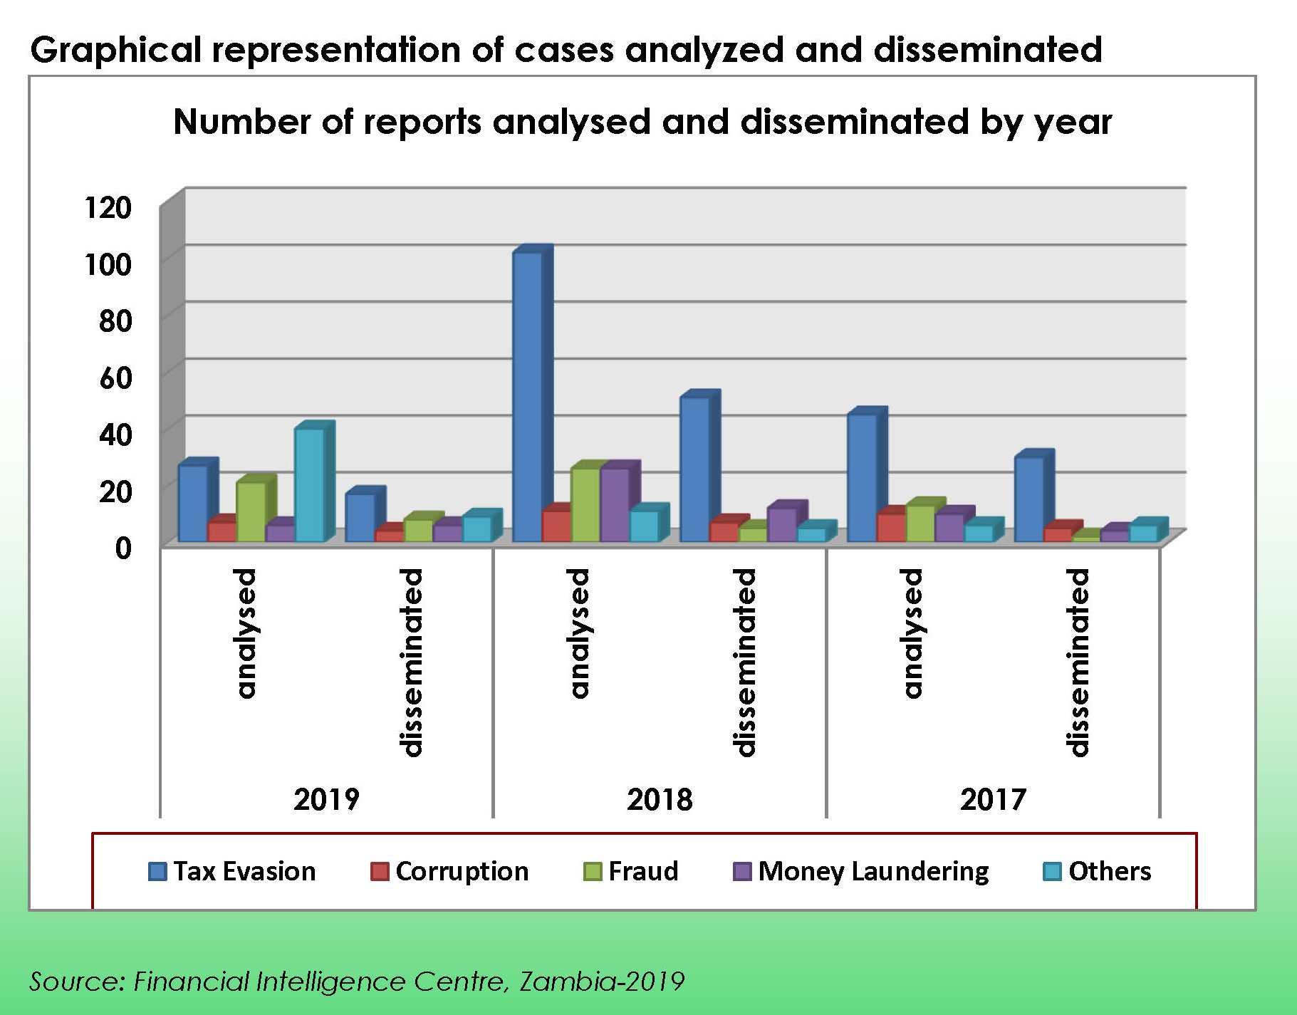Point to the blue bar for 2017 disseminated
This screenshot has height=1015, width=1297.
click(1028, 499)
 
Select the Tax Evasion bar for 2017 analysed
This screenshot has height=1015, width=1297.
click(862, 477)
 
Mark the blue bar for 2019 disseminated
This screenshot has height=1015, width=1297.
click(360, 517)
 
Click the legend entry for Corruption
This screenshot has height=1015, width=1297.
click(449, 871)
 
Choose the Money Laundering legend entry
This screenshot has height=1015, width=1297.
click(861, 871)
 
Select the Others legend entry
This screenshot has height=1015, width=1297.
click(1098, 871)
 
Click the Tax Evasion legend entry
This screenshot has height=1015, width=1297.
click(232, 871)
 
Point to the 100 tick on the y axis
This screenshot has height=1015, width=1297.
click(108, 265)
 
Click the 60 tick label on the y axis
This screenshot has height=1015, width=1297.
click(115, 378)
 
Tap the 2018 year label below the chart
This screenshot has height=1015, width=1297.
click(660, 800)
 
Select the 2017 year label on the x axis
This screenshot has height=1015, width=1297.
click(993, 800)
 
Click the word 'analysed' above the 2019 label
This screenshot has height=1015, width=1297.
click(245, 633)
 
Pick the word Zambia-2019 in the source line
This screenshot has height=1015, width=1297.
click(602, 982)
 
